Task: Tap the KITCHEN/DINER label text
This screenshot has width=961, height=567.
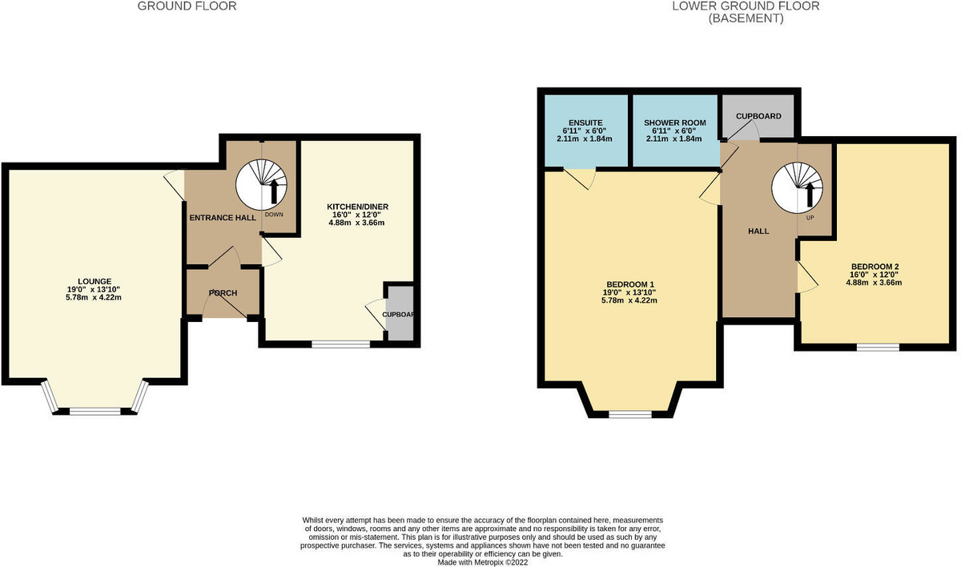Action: [358, 206]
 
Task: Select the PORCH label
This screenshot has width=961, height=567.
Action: [223, 293]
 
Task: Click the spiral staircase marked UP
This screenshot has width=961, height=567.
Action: [798, 187]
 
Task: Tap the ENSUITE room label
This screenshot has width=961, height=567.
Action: [585, 123]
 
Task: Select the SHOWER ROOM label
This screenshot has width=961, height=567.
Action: [674, 123]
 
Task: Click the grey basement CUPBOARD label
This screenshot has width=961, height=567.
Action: [758, 116]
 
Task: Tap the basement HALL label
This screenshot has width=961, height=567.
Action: [758, 231]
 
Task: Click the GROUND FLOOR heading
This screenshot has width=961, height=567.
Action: [187, 6]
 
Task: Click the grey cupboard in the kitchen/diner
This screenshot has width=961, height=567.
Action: [399, 314]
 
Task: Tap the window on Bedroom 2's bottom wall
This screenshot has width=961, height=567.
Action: [876, 348]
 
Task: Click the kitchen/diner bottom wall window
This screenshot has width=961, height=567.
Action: [340, 344]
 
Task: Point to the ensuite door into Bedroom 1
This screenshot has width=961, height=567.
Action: [580, 177]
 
